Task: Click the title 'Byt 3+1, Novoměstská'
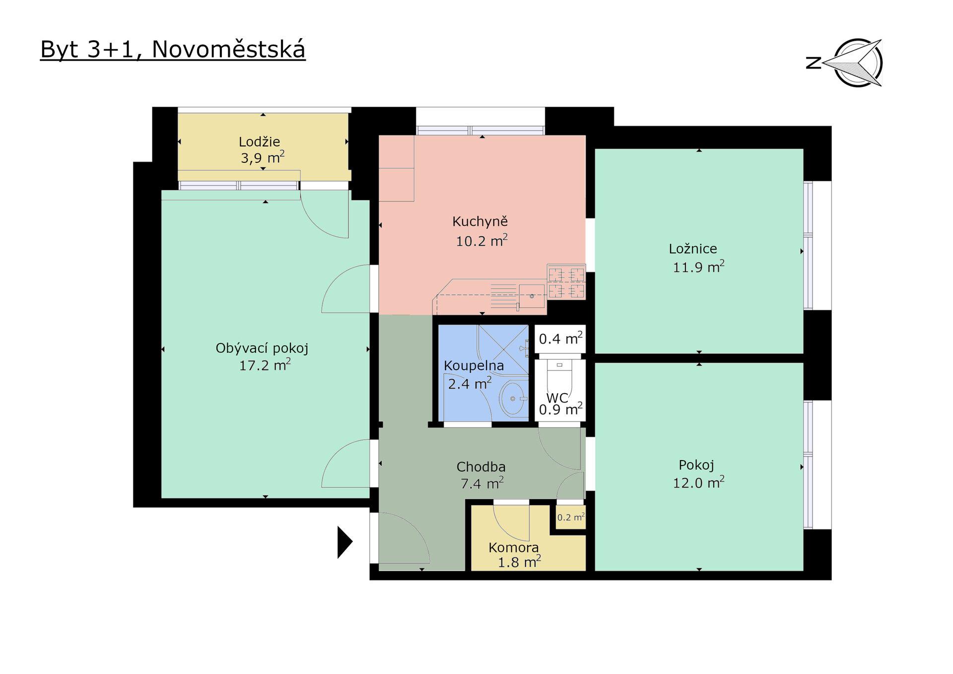(173, 50)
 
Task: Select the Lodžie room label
(259, 142)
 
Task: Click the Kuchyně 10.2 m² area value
(481, 241)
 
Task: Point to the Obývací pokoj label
(262, 348)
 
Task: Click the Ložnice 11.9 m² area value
(698, 267)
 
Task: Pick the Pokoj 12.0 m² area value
(698, 482)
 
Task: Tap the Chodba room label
(481, 467)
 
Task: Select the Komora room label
(514, 547)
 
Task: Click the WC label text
(557, 398)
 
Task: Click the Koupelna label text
(474, 366)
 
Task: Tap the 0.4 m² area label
(560, 338)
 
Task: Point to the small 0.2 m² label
(571, 518)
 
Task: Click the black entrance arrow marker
(345, 542)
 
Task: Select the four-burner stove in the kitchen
(566, 282)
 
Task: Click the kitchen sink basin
(532, 296)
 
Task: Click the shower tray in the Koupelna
(503, 350)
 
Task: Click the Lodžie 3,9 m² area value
(263, 158)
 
